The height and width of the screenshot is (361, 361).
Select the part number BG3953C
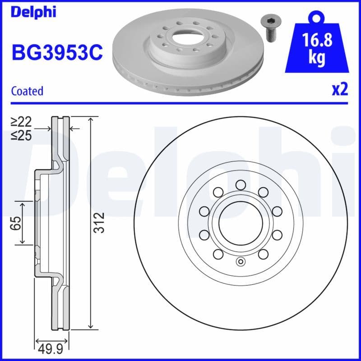[56, 52]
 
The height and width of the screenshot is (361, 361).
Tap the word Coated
[27, 91]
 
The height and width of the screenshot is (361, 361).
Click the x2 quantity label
[340, 89]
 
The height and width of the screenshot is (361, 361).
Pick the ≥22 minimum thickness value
[21, 121]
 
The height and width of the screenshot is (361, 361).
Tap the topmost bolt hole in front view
[240, 184]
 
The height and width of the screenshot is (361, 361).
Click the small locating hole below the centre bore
[240, 262]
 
